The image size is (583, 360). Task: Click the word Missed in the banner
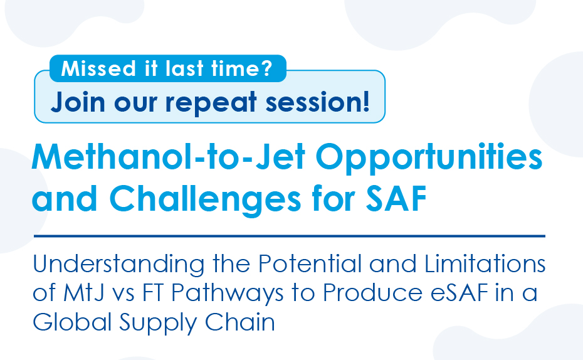click(x=98, y=68)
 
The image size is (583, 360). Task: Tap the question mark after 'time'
click(x=266, y=68)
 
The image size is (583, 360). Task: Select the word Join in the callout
click(x=78, y=102)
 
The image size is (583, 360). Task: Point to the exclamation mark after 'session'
click(x=366, y=101)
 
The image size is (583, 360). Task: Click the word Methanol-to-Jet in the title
click(x=169, y=157)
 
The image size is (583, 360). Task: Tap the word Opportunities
click(x=429, y=159)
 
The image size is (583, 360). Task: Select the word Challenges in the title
click(x=205, y=199)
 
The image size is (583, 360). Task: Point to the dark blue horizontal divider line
click(x=289, y=236)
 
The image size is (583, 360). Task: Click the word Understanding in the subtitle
click(x=118, y=265)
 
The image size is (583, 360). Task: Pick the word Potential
click(x=310, y=263)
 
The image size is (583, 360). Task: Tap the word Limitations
click(x=485, y=263)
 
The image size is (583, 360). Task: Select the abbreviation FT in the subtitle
click(x=153, y=293)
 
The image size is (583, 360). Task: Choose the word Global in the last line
click(x=72, y=322)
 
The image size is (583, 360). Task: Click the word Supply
click(x=157, y=323)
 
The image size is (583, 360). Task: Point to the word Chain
click(x=240, y=322)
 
